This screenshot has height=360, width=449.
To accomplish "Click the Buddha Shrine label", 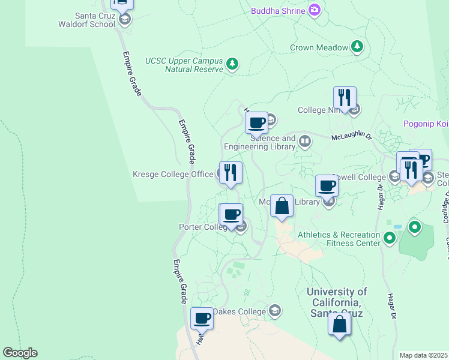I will tap(278, 10).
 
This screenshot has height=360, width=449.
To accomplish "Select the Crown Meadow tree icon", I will tap(357, 47).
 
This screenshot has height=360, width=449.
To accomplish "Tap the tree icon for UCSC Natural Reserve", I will tap(232, 64).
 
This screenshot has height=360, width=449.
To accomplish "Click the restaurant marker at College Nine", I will tap(345, 98).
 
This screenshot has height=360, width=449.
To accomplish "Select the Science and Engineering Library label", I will tap(260, 142).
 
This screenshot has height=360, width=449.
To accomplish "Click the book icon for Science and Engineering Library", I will tap(305, 142).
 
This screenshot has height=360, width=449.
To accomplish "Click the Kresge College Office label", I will tap(173, 175).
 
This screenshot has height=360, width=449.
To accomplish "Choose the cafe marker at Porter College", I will tap(231, 214).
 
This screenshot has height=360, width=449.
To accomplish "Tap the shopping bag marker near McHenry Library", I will tap(282, 206).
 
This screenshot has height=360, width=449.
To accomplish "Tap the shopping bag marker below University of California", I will tap(340, 324).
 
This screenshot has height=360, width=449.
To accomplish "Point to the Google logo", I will tap(20, 353).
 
